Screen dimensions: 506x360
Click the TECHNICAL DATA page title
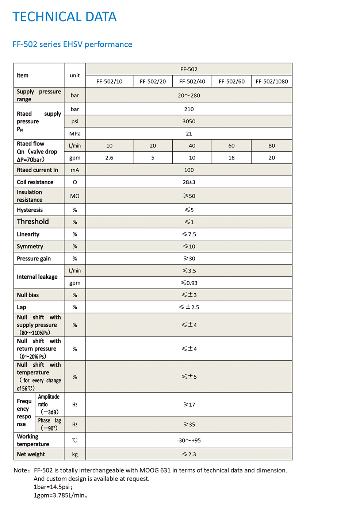tap(65, 17)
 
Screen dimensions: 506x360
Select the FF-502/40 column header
tap(192, 81)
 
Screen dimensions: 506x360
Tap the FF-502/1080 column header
tap(272, 81)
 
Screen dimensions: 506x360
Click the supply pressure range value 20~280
tap(189, 96)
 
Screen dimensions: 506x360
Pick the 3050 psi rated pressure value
tap(189, 121)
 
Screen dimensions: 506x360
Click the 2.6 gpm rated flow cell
tap(109, 158)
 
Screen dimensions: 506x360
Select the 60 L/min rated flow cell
tap(231, 146)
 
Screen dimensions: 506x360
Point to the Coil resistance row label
tap(35, 182)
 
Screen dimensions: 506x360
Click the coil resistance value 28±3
tap(189, 182)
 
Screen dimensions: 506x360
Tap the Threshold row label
tap(33, 222)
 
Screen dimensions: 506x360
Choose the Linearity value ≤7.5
tap(189, 234)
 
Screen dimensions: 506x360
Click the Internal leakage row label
tap(37, 277)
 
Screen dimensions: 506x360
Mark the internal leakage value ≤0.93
tap(189, 283)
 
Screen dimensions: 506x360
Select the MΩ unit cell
tap(75, 196)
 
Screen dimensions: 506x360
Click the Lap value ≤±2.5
tap(189, 307)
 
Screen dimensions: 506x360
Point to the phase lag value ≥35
tap(189, 425)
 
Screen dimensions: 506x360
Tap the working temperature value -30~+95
tap(189, 440)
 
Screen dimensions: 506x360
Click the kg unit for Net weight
tap(75, 454)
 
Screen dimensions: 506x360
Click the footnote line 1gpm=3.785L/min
tap(60, 495)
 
